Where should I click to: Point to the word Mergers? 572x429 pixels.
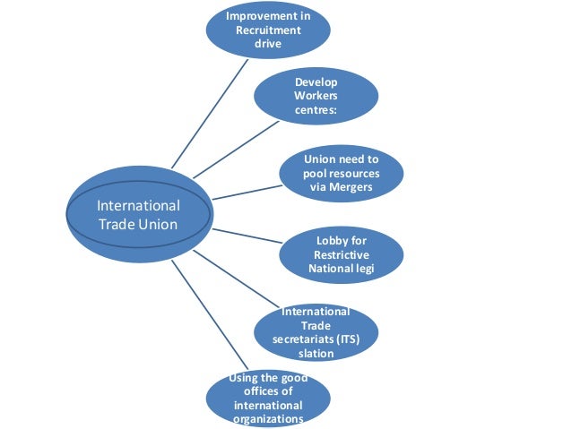coord(351,188)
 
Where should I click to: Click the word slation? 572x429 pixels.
coord(316,354)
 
